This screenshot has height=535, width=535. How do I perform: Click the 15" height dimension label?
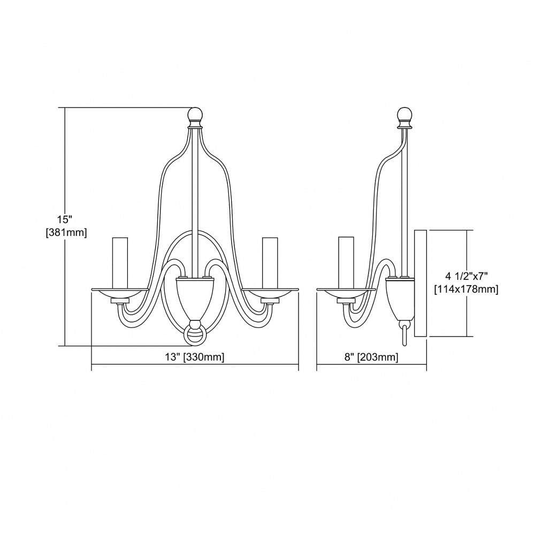click(65, 219)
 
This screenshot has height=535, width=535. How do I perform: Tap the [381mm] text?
click(66, 233)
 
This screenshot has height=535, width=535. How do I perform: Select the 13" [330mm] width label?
click(195, 357)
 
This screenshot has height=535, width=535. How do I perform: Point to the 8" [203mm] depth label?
click(371, 357)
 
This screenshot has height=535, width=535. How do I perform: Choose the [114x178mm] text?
click(466, 289)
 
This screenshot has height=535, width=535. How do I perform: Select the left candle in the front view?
click(120, 263)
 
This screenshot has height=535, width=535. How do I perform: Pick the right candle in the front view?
click(270, 263)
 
